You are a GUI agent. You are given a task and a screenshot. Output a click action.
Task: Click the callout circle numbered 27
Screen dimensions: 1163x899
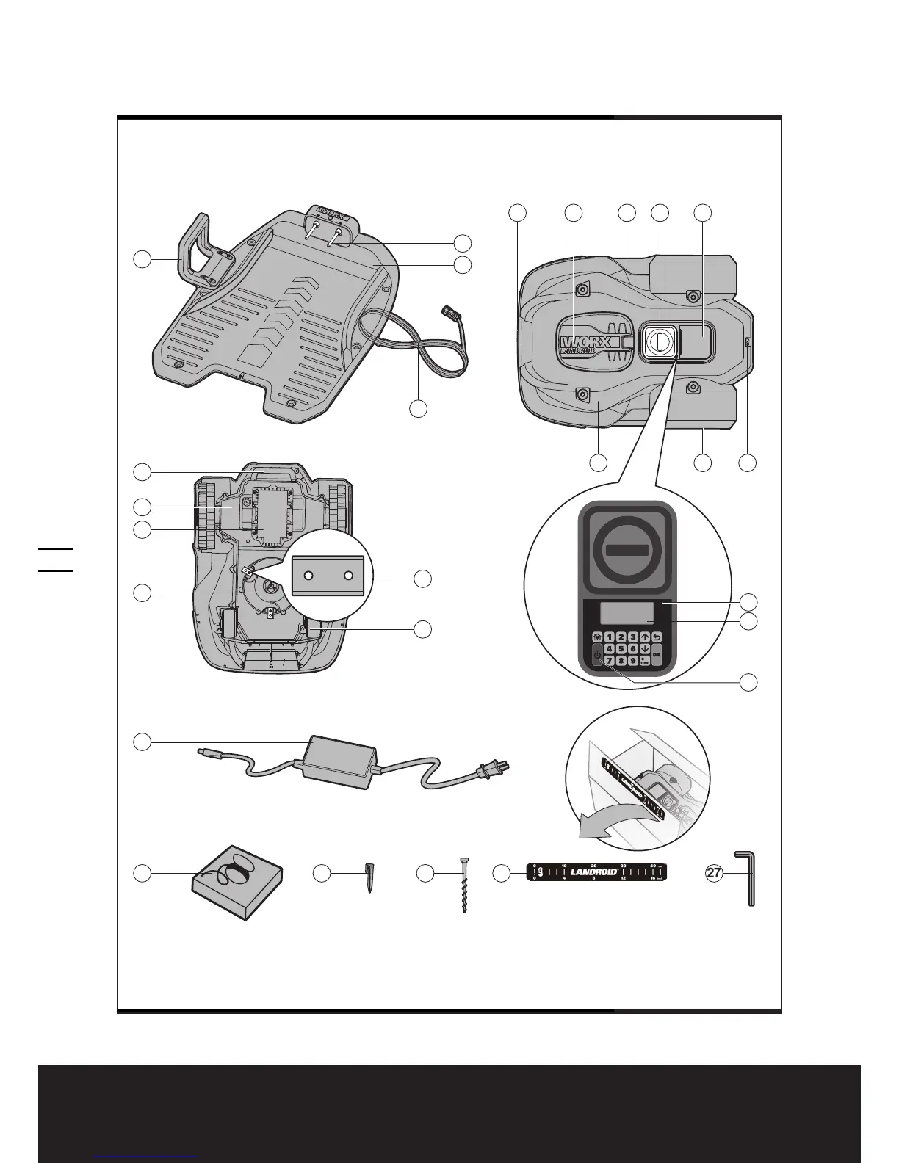coord(713,873)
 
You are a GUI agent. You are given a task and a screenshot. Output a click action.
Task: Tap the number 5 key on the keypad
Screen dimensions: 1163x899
coord(621,649)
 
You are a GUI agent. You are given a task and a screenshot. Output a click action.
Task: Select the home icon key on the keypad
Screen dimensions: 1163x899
coord(597,637)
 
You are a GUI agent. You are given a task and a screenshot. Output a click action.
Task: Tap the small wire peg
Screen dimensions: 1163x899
coord(368,877)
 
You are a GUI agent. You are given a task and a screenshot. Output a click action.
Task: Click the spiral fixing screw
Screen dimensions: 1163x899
coord(463,885)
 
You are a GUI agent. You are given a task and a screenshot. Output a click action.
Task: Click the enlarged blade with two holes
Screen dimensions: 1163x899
coord(328,576)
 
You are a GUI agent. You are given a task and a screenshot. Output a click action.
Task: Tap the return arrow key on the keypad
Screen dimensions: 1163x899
coord(657,637)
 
